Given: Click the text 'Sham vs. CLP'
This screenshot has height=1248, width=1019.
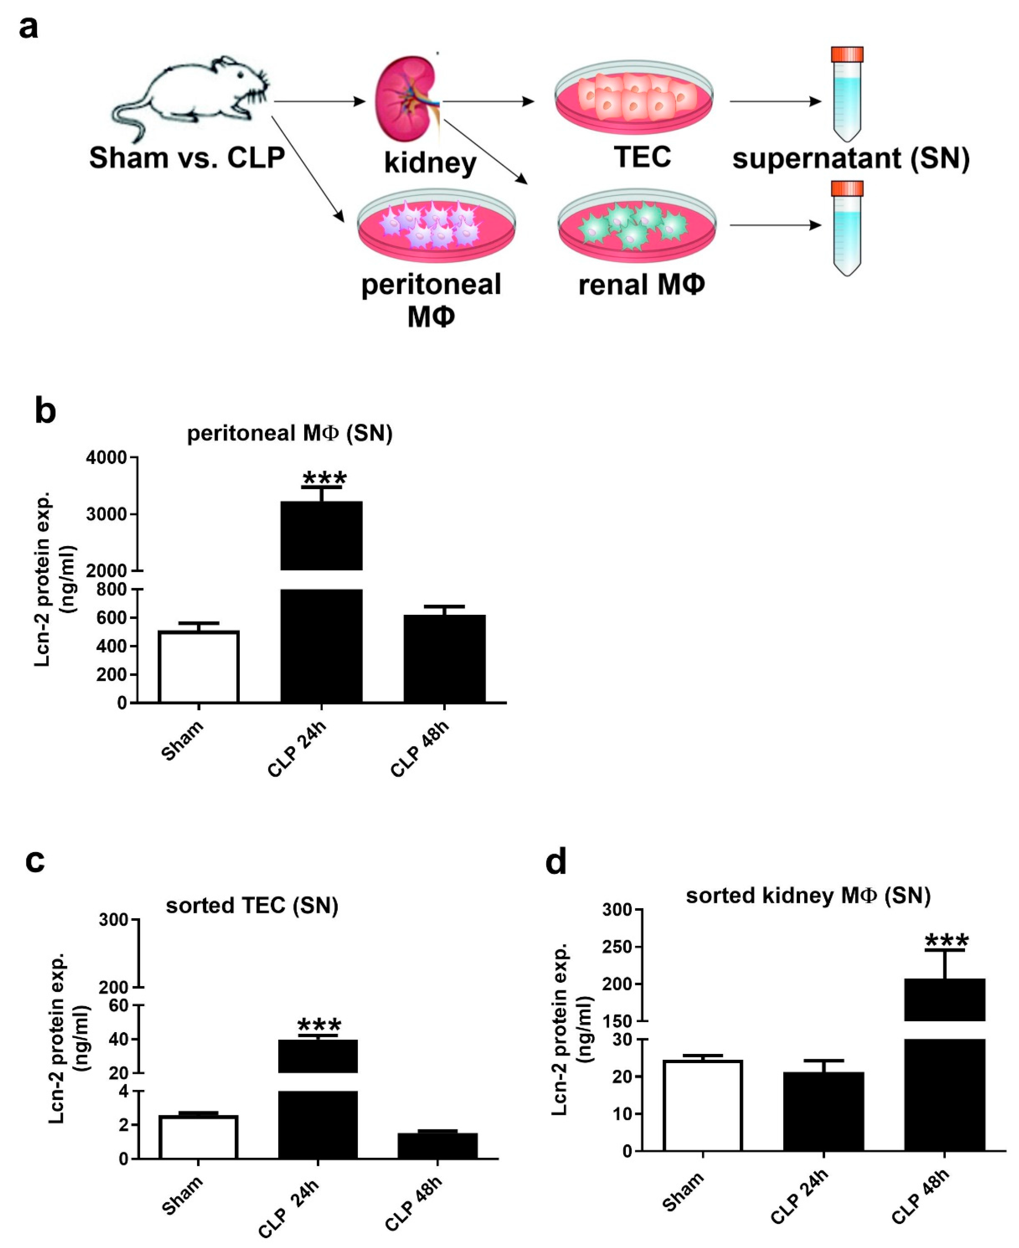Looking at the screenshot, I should pos(187,157).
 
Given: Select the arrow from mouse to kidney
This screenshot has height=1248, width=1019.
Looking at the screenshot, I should pos(320,101).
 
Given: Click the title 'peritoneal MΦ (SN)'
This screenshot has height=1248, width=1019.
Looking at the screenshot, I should pos(289,433).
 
